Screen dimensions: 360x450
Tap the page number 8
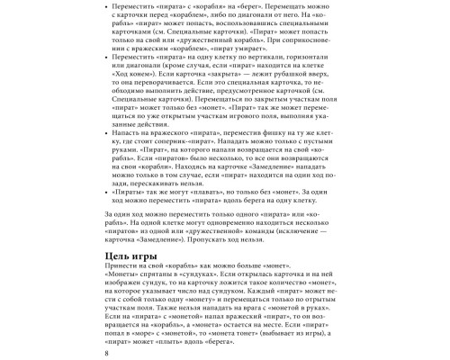108,352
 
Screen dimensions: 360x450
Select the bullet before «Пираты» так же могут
109,192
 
